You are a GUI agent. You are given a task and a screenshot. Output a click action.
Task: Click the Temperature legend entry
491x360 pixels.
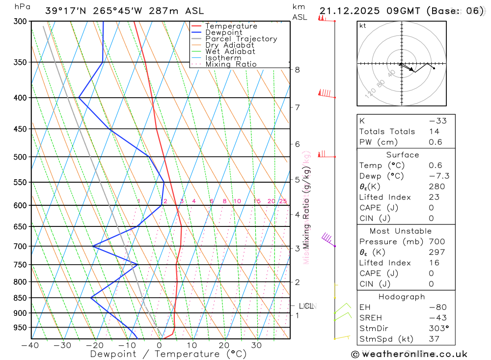(231, 26)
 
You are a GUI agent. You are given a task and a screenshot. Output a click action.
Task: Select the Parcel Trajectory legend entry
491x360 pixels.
(241, 39)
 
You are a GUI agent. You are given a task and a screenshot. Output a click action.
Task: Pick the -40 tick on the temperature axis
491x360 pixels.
(30, 345)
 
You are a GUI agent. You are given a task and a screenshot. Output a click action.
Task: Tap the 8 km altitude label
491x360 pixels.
(298, 70)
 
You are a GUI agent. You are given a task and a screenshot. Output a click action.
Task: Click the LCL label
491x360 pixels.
(306, 306)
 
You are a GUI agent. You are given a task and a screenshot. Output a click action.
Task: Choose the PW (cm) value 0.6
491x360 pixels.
(435, 142)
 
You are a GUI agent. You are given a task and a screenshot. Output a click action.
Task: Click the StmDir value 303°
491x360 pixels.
(436, 329)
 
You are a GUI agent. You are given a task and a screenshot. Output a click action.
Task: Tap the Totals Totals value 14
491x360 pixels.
(434, 131)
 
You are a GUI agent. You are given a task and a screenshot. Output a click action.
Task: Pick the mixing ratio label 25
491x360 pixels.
(283, 201)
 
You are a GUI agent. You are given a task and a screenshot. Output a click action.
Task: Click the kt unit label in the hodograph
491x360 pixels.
(363, 26)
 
